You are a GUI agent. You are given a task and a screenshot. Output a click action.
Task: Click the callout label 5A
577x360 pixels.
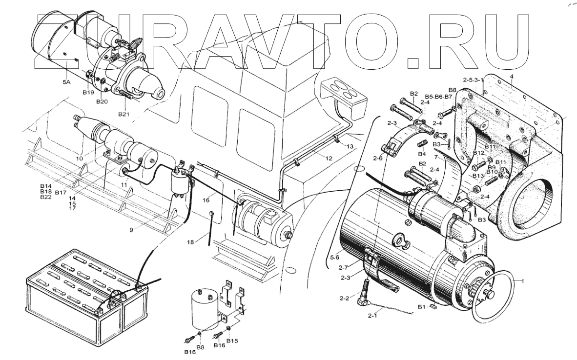66,83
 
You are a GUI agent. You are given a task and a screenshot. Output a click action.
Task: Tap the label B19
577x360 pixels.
88,92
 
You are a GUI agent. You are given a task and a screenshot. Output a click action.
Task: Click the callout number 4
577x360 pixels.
512,76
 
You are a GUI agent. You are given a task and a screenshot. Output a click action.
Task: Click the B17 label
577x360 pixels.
61,193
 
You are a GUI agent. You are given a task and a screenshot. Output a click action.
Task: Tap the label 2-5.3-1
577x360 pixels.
473,80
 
